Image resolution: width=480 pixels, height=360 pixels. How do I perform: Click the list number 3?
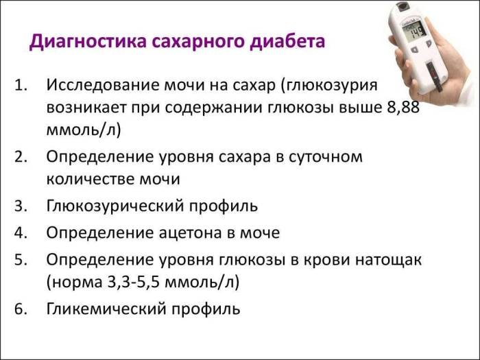click(x=21, y=205)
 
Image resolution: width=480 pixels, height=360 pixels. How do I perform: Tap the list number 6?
click(x=21, y=309)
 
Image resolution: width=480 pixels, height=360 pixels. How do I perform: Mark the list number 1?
click(x=21, y=85)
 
